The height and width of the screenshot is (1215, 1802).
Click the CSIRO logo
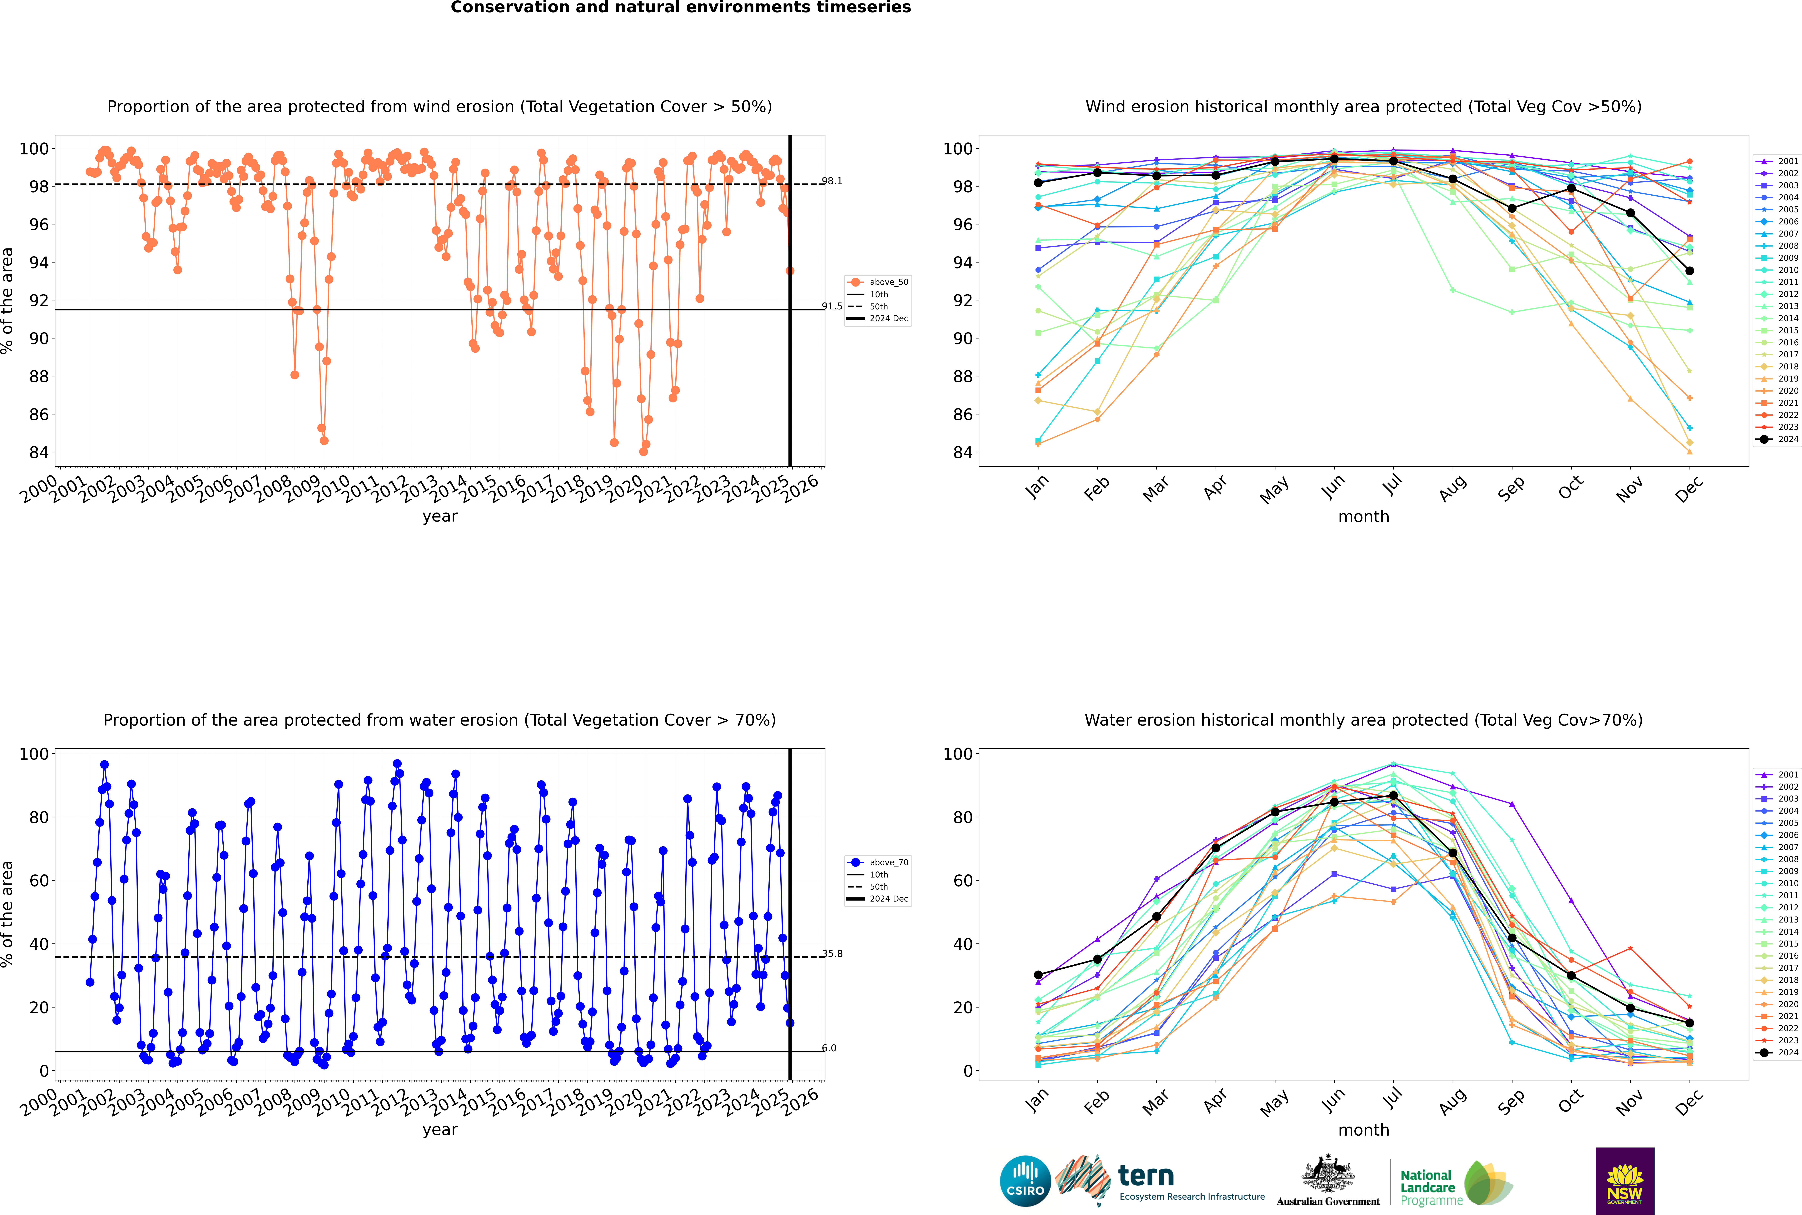tap(1025, 1181)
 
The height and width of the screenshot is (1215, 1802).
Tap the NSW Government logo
tap(1625, 1181)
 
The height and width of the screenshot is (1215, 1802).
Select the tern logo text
tap(1146, 1176)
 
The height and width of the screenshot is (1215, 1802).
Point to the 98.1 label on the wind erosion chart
tap(832, 181)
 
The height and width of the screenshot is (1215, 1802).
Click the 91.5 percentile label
tap(832, 306)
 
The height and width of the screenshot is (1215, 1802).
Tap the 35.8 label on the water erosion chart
tap(832, 954)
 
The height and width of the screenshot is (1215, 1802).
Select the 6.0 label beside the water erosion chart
tap(829, 1048)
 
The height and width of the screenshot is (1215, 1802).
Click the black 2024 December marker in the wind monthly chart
tap(1690, 271)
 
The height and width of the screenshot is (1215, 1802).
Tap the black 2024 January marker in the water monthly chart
tap(1038, 975)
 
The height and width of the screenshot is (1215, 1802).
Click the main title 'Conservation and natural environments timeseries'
tap(681, 8)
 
